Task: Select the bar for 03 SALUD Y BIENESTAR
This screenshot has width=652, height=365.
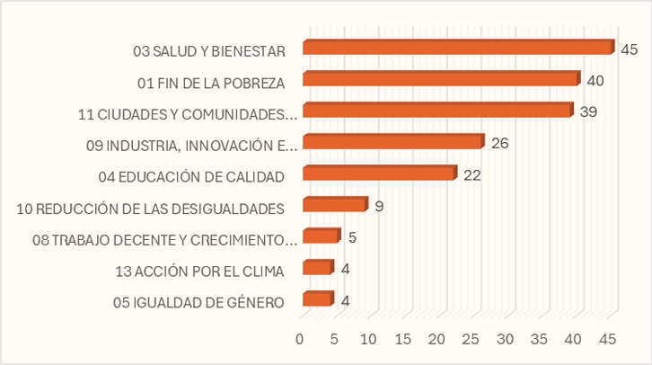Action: click(458, 49)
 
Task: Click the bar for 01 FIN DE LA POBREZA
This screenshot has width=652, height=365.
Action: click(440, 80)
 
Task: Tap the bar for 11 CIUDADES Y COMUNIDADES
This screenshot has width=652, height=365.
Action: click(437, 111)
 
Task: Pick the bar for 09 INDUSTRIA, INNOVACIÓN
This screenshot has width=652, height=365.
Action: click(392, 142)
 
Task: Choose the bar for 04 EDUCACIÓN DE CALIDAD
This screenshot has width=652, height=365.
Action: click(379, 174)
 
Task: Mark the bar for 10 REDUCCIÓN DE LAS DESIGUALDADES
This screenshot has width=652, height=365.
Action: click(334, 205)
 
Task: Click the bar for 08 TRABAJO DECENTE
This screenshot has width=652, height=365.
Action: click(321, 237)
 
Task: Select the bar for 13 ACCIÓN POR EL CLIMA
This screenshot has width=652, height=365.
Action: click(317, 268)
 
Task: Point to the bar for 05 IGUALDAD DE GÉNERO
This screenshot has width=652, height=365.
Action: click(317, 300)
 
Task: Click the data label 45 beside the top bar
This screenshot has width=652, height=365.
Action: click(629, 49)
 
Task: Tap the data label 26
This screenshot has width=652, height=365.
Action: click(501, 143)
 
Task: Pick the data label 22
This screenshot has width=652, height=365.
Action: click(472, 174)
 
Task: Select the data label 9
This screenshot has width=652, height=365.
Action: click(379, 206)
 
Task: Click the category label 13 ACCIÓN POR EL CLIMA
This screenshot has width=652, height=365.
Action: click(199, 272)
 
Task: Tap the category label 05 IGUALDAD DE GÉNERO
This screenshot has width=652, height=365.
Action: click(199, 302)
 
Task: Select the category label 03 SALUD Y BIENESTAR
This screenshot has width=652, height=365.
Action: click(208, 51)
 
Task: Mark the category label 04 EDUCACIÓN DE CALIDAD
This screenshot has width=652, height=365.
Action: click(190, 176)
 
